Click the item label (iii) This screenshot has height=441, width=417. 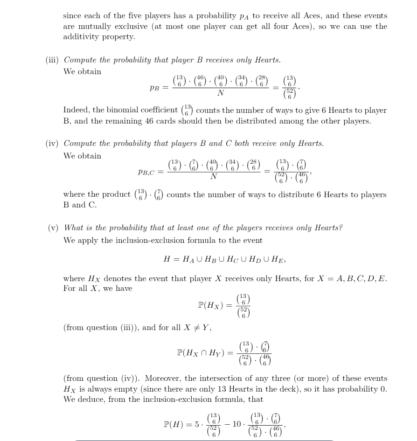52,60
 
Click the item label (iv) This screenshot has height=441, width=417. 52,144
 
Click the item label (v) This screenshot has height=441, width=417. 54,228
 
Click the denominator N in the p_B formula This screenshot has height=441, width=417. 221,93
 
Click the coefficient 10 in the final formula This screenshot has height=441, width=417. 237,425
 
